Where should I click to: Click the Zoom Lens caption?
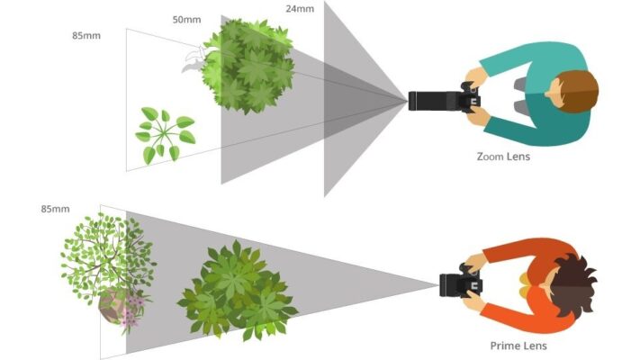(x=503, y=157)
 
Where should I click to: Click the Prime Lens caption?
(x=518, y=346)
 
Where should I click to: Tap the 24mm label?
(x=300, y=9)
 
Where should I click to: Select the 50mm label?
(x=186, y=19)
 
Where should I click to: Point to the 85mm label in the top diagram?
(x=86, y=36)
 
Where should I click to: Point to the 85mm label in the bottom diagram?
(x=56, y=209)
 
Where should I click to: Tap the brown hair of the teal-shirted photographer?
(x=583, y=90)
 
